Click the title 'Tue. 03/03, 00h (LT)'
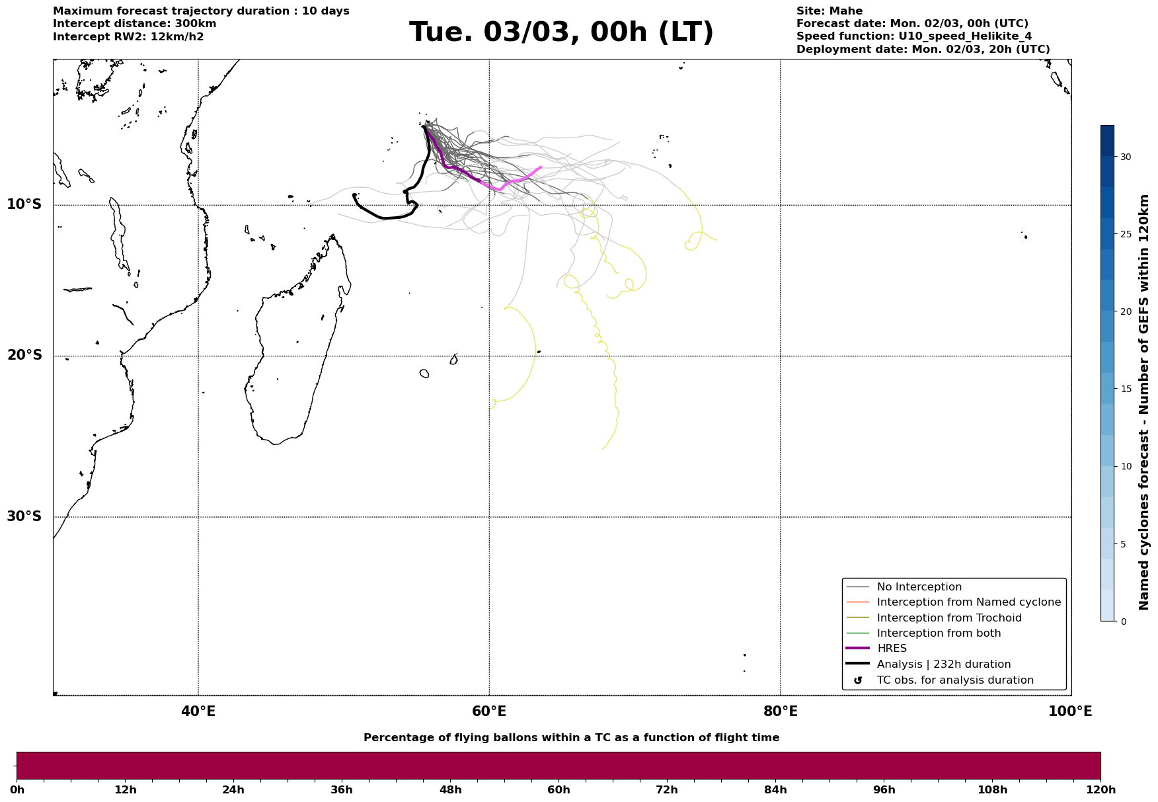(x=561, y=32)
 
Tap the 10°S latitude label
(x=24, y=204)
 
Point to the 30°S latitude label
(x=24, y=516)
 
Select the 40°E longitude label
(x=198, y=711)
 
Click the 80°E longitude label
(x=780, y=711)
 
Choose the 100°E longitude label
(x=1070, y=711)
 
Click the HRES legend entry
(x=891, y=649)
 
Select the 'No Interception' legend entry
(x=919, y=587)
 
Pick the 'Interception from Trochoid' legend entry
(x=948, y=618)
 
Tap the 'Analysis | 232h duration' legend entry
(x=943, y=664)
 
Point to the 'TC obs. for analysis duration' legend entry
(x=954, y=680)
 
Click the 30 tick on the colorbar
(x=1125, y=157)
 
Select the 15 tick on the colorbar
(x=1125, y=389)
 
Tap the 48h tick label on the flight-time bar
(x=450, y=790)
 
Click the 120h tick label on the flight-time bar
(x=1100, y=790)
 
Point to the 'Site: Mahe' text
(x=829, y=11)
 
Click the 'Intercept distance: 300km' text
(x=134, y=24)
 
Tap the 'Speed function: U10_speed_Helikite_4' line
(x=913, y=36)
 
